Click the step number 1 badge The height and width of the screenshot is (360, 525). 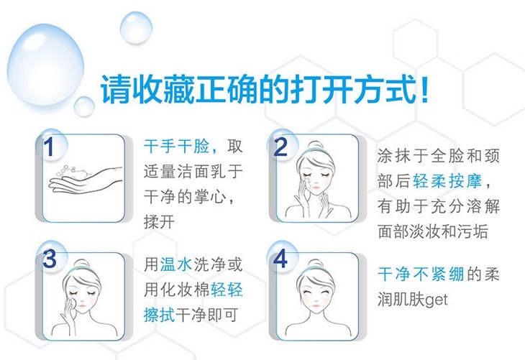point(50,146)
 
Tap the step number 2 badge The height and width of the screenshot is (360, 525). point(281,146)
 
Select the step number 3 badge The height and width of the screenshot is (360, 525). point(50,258)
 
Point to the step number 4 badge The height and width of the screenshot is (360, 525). point(281,258)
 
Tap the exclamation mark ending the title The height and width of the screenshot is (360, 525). point(424,90)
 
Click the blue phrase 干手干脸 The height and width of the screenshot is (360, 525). point(176,147)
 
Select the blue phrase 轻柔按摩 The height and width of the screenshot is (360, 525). point(447,181)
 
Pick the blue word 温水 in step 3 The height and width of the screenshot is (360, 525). point(176,264)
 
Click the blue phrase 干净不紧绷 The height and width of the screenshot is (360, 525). point(421,274)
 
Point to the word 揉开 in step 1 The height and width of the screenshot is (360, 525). point(160,221)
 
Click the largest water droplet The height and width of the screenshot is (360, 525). point(46,63)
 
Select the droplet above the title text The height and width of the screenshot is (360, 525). point(136,27)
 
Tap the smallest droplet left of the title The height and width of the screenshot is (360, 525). point(84,106)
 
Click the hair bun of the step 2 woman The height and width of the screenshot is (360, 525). point(315,146)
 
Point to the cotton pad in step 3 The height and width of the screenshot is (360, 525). point(72,305)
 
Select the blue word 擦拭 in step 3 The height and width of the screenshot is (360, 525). point(160,315)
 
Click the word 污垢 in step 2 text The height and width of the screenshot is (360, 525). point(472,231)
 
